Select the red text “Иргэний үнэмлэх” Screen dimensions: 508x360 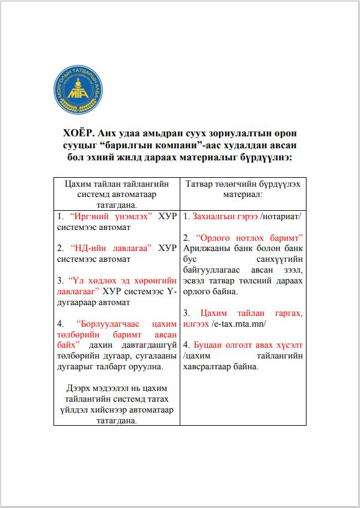click(112, 216)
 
